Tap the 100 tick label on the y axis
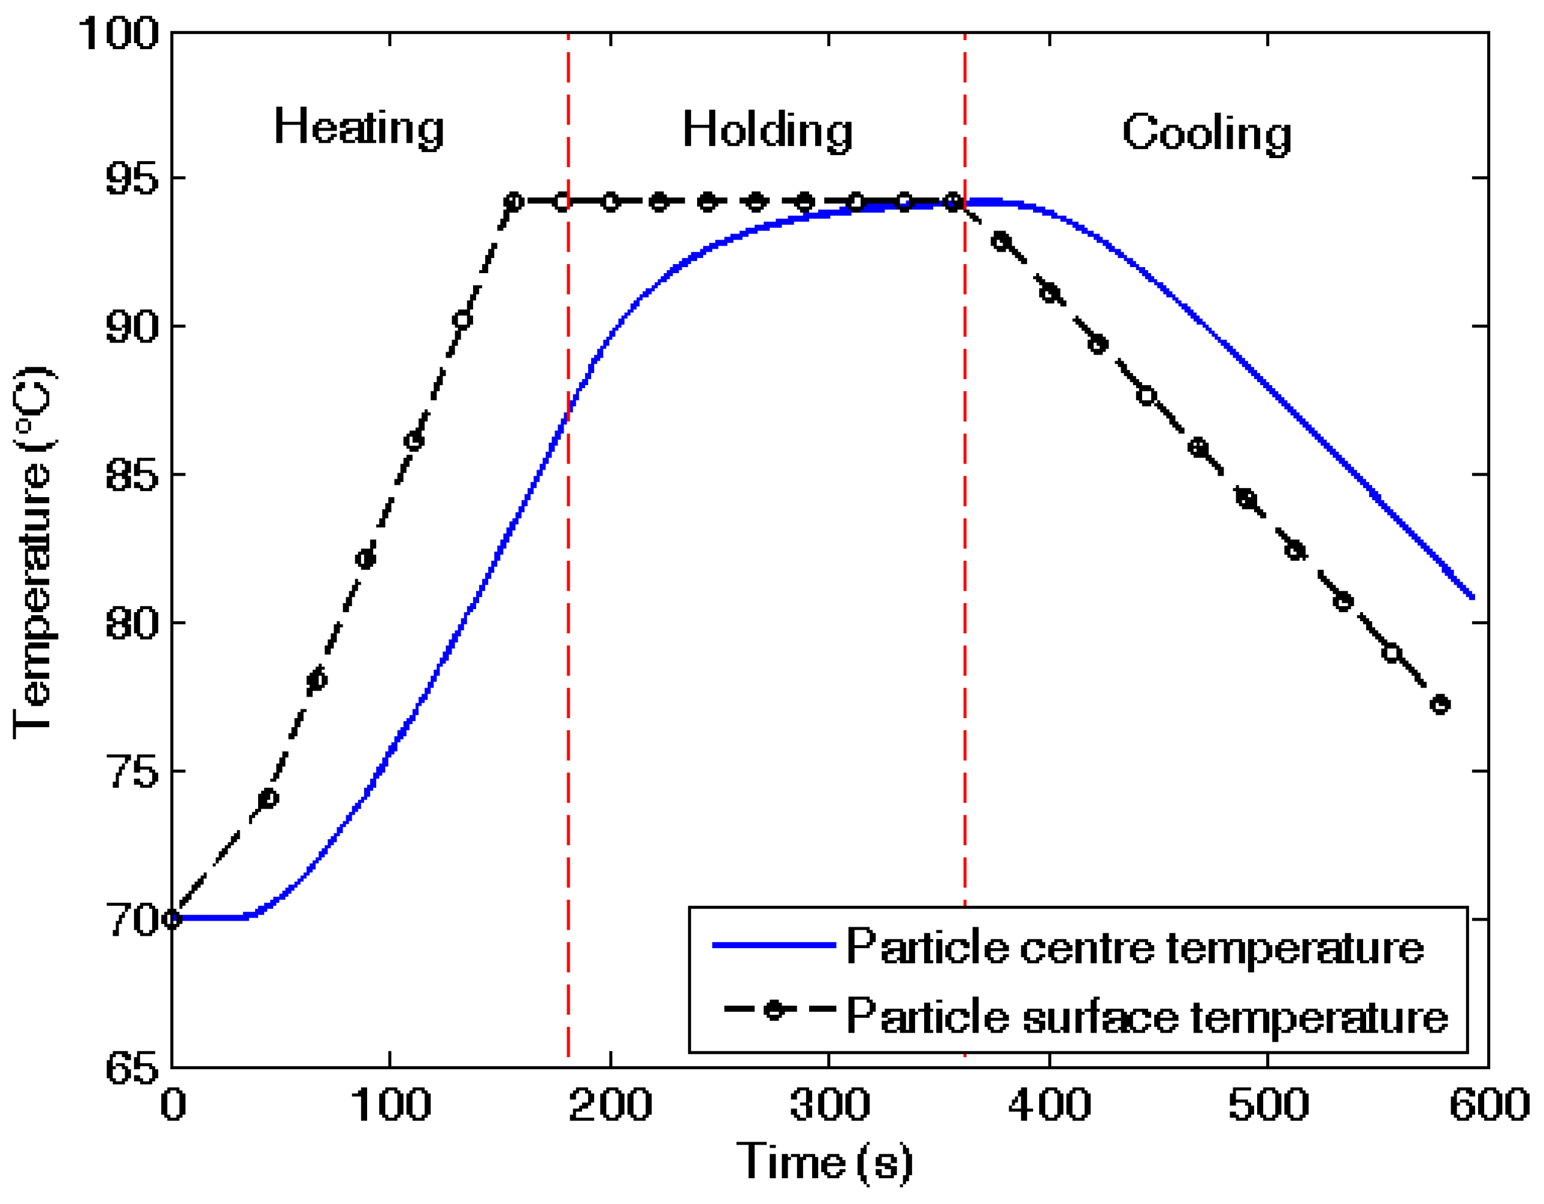pyautogui.click(x=117, y=32)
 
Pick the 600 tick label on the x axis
pyautogui.click(x=1489, y=1105)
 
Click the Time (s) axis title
pyautogui.click(x=824, y=1162)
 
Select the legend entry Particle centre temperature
pyautogui.click(x=1135, y=946)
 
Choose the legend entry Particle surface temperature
pyautogui.click(x=1147, y=1017)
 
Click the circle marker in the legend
pyautogui.click(x=775, y=1009)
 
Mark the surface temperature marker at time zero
pyautogui.click(x=172, y=919)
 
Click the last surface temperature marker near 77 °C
pyautogui.click(x=1440, y=705)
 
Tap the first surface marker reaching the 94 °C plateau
pyautogui.click(x=514, y=201)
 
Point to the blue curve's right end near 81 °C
pyautogui.click(x=1472, y=597)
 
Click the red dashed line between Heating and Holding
pyautogui.click(x=568, y=636)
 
